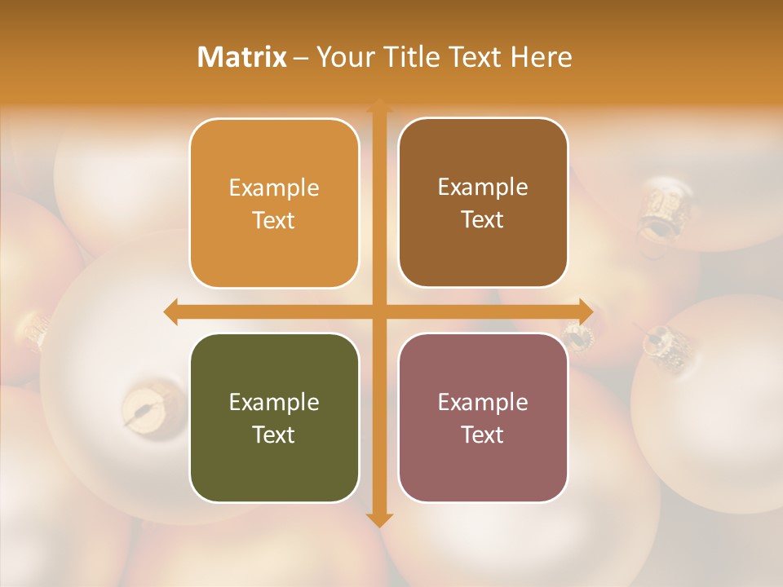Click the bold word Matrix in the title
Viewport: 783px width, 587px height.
tap(242, 57)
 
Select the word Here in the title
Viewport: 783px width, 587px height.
tap(541, 57)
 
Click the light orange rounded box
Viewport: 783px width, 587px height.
tap(274, 204)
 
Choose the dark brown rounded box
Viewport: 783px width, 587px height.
tap(483, 203)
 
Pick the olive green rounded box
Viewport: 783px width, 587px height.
tap(274, 418)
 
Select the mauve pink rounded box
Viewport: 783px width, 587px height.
tap(483, 418)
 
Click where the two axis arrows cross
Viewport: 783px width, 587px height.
tap(379, 311)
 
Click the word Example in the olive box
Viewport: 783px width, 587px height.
tap(274, 402)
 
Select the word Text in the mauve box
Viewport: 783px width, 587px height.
tap(483, 435)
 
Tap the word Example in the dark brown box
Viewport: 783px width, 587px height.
tap(483, 187)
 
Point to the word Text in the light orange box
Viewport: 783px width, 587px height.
tap(274, 220)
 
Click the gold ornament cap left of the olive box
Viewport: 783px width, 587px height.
tap(144, 403)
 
